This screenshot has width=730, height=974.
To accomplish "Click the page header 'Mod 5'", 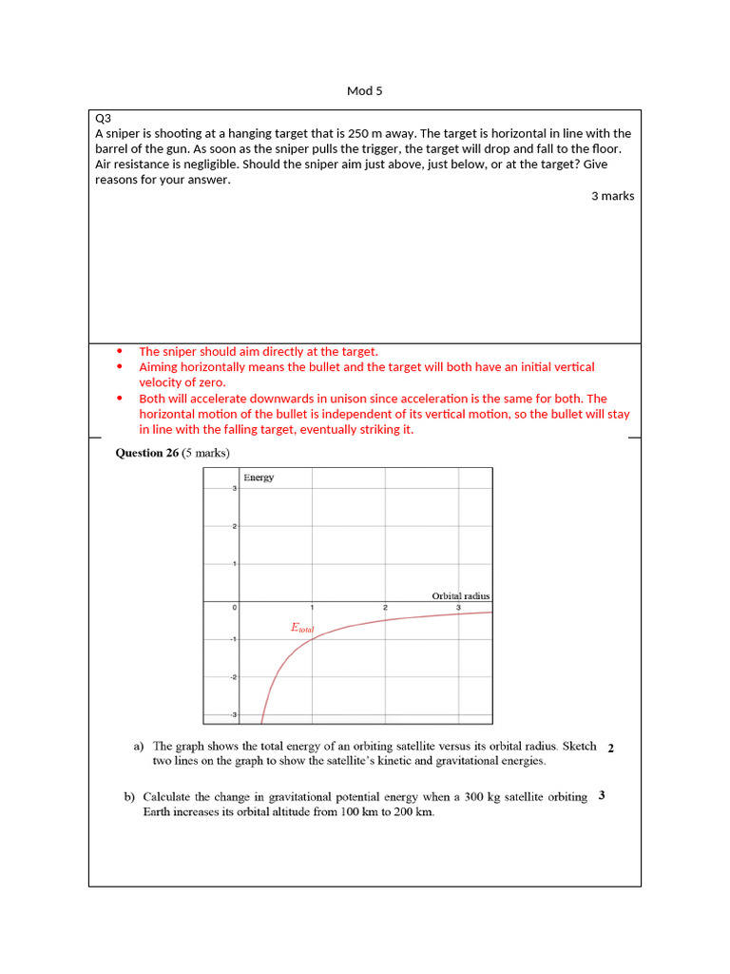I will (x=364, y=91).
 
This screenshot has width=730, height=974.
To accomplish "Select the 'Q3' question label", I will (x=104, y=118).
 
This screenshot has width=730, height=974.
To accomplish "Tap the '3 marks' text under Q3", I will (x=612, y=196).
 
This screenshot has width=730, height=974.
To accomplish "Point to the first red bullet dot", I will (x=119, y=351).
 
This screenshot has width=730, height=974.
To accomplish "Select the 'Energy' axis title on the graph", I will (x=259, y=477).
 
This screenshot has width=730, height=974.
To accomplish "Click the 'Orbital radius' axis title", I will (x=460, y=596).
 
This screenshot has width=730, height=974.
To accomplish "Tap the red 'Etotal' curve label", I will (x=301, y=628).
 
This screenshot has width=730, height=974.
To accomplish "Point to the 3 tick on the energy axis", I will (x=235, y=489).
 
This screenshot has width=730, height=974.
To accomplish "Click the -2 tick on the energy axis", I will (x=233, y=677).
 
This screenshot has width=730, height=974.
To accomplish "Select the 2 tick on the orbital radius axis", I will (x=385, y=608).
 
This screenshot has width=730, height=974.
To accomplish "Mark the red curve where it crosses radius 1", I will (x=311, y=639).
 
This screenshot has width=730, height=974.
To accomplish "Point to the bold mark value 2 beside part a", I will (x=610, y=749).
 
